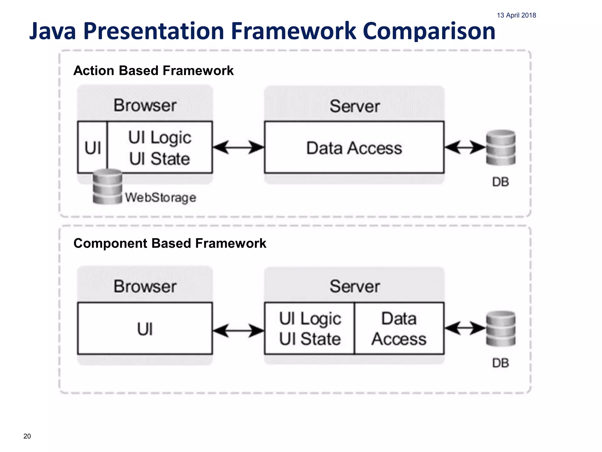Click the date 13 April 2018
pyautogui.click(x=516, y=15)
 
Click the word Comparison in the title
pyautogui.click(x=429, y=31)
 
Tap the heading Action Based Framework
pyautogui.click(x=153, y=71)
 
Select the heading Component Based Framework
pyautogui.click(x=170, y=243)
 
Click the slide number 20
pyautogui.click(x=27, y=436)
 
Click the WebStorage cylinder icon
pyautogui.click(x=107, y=187)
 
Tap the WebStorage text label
pyautogui.click(x=160, y=197)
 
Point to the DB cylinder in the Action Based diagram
pyautogui.click(x=501, y=147)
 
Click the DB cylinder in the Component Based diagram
pyautogui.click(x=501, y=328)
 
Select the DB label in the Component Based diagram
pyautogui.click(x=501, y=363)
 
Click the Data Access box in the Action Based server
pyautogui.click(x=354, y=147)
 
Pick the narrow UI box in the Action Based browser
pyautogui.click(x=93, y=147)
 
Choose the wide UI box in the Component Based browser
pyautogui.click(x=145, y=329)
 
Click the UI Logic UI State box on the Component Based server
pyautogui.click(x=310, y=329)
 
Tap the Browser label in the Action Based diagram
pyautogui.click(x=145, y=105)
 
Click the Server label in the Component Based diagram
pyautogui.click(x=354, y=286)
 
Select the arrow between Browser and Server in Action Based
pyautogui.click(x=238, y=147)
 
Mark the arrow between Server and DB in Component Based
pyautogui.click(x=464, y=328)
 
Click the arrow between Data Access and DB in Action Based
pyautogui.click(x=464, y=147)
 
